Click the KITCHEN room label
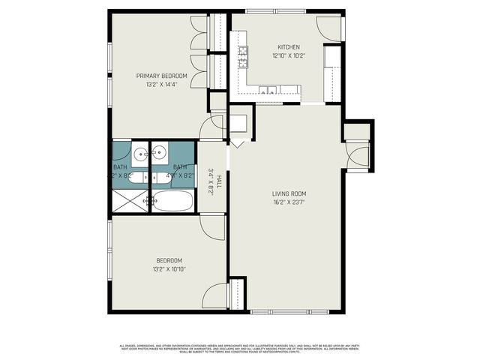pyautogui.click(x=289, y=46)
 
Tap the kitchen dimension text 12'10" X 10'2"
pyautogui.click(x=289, y=55)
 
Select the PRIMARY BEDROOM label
pyautogui.click(x=161, y=76)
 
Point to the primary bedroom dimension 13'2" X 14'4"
pyautogui.click(x=161, y=85)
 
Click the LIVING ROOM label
pyautogui.click(x=289, y=193)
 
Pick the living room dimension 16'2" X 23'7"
pyautogui.click(x=289, y=202)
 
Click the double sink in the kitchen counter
pyautogui.click(x=266, y=91)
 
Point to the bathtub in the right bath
pyautogui.click(x=172, y=202)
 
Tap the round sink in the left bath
pyautogui.click(x=140, y=155)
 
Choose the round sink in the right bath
pyautogui.click(x=159, y=154)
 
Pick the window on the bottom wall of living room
pyautogui.click(x=289, y=311)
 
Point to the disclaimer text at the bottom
pyautogui.click(x=239, y=348)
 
